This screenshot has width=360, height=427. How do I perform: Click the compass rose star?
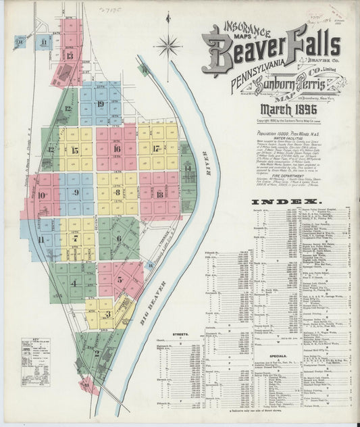168,46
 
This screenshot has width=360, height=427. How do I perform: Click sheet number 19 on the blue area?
100,104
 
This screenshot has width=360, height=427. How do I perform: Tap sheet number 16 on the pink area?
116,148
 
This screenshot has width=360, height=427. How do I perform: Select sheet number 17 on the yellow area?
157,148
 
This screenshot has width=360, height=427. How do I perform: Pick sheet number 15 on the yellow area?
74,150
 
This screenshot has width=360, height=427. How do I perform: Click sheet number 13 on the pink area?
70,55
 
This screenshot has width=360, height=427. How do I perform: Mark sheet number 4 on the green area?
74,282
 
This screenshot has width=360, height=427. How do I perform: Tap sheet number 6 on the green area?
118,238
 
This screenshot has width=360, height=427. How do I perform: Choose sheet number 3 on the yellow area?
107,313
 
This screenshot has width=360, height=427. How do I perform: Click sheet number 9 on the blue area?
76,193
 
